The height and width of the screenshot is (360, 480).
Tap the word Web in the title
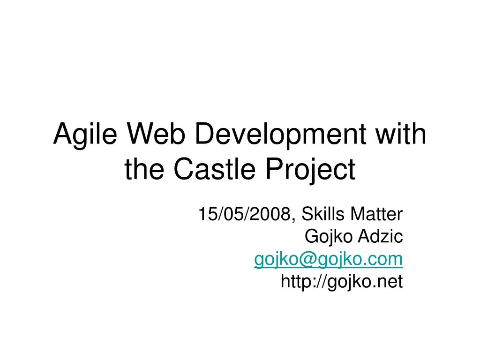click(156, 134)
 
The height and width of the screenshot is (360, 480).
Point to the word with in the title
click(401, 134)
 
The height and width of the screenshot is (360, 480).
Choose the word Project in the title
click(310, 171)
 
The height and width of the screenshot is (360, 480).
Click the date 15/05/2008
click(244, 214)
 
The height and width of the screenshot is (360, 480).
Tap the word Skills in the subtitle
click(322, 213)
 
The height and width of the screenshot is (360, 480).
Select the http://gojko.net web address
click(342, 282)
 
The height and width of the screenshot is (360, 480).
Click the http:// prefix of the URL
click(304, 282)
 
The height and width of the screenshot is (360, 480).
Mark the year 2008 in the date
click(270, 214)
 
